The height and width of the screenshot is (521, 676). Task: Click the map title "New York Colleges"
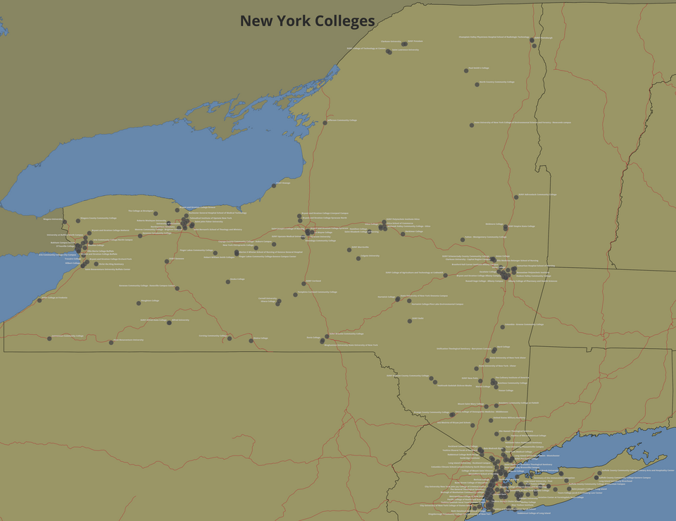pos(307,21)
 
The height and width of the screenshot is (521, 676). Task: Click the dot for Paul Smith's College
pos(466,71)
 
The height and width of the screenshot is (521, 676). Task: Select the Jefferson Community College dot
pos(325,123)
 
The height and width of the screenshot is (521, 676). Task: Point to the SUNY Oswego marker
pos(274,185)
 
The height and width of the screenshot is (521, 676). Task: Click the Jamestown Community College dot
pos(49,338)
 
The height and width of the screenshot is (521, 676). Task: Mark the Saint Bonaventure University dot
pos(111,343)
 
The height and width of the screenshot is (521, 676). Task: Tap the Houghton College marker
pos(138,303)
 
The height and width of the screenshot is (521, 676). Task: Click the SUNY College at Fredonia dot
pos(39,300)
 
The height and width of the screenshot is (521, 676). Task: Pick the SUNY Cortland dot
pos(303,284)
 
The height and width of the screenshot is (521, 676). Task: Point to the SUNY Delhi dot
pos(410,321)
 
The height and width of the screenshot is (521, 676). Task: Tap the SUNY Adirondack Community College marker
pos(515,197)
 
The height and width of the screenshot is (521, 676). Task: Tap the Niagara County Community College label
pos(99,219)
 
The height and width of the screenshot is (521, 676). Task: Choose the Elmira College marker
pos(251,341)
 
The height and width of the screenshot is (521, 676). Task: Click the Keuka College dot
pos(228,281)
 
